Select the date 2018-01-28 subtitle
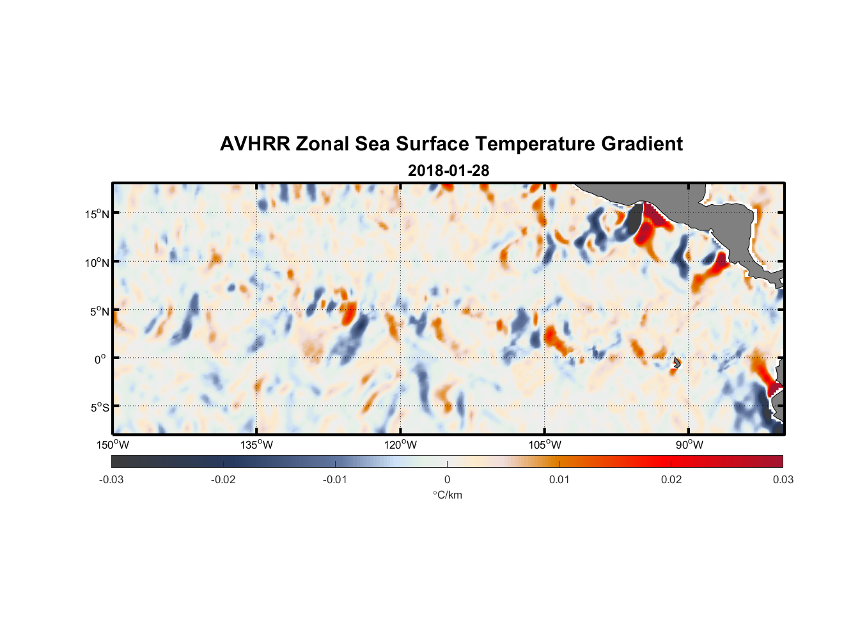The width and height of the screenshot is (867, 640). point(448,171)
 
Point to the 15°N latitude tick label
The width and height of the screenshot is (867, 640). point(97,214)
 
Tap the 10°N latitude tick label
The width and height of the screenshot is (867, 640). point(97,262)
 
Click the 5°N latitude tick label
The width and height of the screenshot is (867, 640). point(99,311)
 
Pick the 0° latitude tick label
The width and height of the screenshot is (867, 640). point(100,359)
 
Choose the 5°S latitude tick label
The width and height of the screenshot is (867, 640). point(99,407)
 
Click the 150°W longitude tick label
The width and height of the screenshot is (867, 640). point(113,445)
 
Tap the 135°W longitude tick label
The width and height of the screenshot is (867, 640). point(256,445)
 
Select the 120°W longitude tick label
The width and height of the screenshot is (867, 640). point(401,445)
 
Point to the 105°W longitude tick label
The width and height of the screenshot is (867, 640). point(545,445)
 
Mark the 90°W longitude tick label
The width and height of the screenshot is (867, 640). point(689,445)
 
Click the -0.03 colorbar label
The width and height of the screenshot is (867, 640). point(111,479)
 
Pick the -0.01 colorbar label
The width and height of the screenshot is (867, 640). point(335,479)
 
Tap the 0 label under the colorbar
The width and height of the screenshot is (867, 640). point(447,479)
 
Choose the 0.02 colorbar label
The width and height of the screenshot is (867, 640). point(671,479)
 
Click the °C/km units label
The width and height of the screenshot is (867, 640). point(448,495)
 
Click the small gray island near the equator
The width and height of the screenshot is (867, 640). point(677,362)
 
